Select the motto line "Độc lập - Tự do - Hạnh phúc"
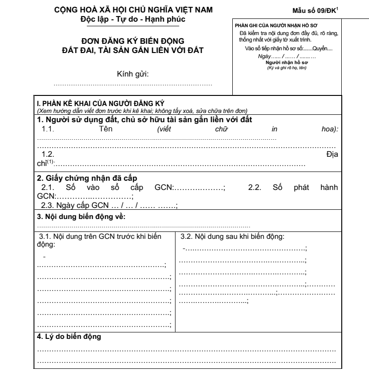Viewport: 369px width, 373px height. (134, 19)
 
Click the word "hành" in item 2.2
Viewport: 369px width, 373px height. (328, 187)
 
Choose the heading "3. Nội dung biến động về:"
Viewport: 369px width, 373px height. (80, 216)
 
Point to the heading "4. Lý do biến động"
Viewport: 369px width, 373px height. (69, 336)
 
